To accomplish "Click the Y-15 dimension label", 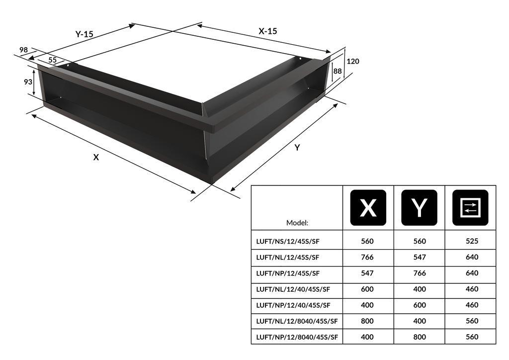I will click(85, 34).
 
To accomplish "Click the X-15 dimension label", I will click(267, 31).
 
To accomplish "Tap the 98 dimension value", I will click(23, 50).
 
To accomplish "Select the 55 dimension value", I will click(52, 60).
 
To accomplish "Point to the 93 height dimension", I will click(28, 82).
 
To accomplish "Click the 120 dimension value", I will click(353, 61).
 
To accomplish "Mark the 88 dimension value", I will click(338, 71).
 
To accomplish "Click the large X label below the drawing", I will click(96, 157).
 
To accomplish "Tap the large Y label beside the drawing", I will click(297, 148).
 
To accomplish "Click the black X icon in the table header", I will click(368, 208).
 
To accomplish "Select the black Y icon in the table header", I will click(420, 208).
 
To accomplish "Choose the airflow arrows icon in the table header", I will click(470, 208).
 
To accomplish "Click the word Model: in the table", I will click(297, 222).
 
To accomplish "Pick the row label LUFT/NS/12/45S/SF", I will click(287, 242).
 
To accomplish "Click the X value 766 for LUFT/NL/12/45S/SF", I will click(368, 257).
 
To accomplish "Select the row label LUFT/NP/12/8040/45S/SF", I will click(297, 337).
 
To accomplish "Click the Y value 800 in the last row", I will click(420, 337).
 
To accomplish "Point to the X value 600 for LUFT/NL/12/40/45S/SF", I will click(368, 289).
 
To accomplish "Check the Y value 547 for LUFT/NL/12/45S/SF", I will click(420, 257).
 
